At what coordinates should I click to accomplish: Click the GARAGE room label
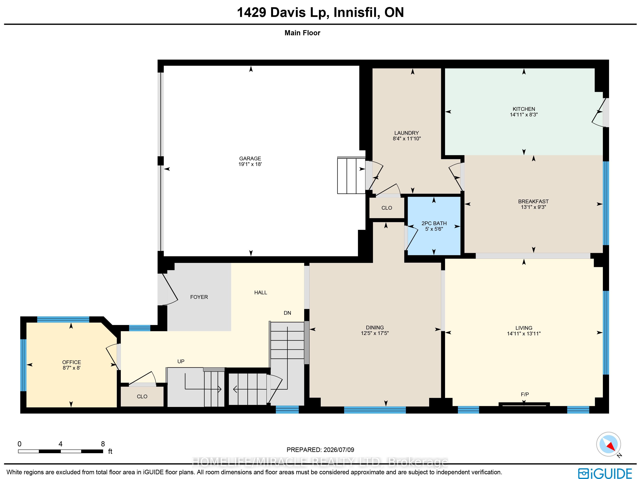pos(250,158)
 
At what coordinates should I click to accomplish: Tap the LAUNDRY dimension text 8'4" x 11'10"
pos(406,138)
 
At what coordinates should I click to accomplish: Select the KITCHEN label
pos(524,109)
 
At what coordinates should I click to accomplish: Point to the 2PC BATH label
pos(434,223)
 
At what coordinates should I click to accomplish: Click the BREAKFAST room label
pos(533,201)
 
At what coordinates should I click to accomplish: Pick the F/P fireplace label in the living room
pos(525,394)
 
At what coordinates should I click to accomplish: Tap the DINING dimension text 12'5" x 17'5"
pos(375,333)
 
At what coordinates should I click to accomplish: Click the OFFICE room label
pos(71,362)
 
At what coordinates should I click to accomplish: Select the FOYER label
pos(199,297)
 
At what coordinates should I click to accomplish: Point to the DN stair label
pos(287,313)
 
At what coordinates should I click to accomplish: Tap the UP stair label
pos(181,361)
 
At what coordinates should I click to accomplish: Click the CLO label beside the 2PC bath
pos(387,208)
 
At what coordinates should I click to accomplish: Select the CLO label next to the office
pos(142,396)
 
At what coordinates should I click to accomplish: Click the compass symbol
pos(608,444)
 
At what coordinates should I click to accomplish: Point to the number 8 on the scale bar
pos(103,444)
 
